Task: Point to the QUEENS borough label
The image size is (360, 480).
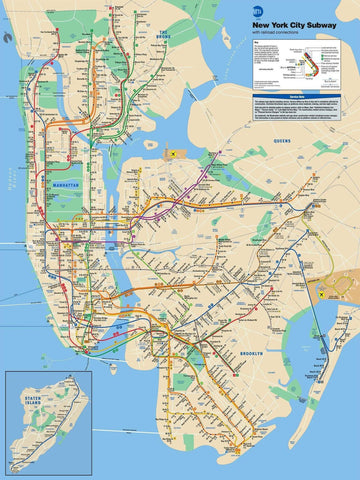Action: (280, 141)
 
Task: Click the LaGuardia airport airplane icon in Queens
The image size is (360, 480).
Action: (172, 153)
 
